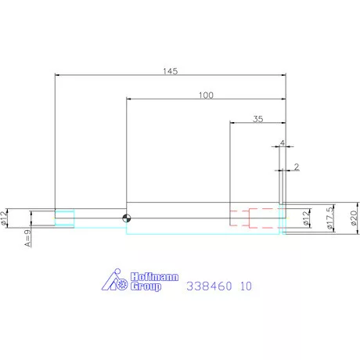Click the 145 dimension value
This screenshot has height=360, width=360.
pyautogui.click(x=171, y=71)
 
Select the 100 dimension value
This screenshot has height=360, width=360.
pyautogui.click(x=206, y=95)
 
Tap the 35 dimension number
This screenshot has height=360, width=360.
pyautogui.click(x=258, y=119)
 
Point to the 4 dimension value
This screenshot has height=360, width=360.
pyautogui.click(x=283, y=143)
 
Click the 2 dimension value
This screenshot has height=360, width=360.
pyautogui.click(x=297, y=167)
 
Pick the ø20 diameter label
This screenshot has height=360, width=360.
pyautogui.click(x=354, y=218)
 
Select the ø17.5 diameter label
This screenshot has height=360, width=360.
pyautogui.click(x=330, y=218)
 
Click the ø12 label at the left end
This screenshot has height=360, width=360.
pyautogui.click(x=3, y=218)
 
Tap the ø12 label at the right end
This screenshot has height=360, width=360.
pyautogui.click(x=306, y=218)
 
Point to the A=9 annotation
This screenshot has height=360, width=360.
pyautogui.click(x=27, y=238)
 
